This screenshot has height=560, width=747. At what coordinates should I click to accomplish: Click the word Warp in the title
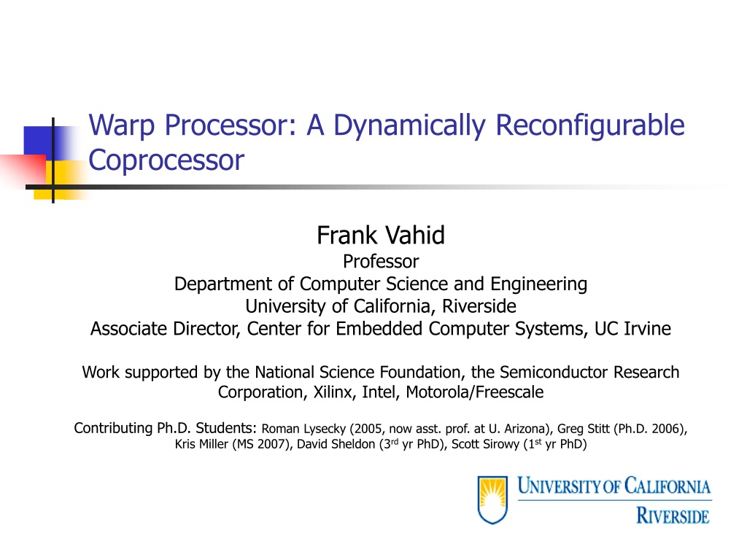pyautogui.click(x=122, y=125)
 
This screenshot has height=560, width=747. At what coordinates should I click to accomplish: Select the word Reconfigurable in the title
pyautogui.click(x=589, y=126)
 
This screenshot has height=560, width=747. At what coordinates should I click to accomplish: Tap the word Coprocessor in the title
pyautogui.click(x=166, y=160)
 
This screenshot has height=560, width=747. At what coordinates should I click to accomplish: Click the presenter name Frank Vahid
pyautogui.click(x=381, y=236)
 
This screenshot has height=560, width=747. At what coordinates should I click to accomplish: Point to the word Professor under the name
pyautogui.click(x=381, y=262)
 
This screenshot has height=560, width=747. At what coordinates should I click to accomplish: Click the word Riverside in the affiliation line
pyautogui.click(x=479, y=306)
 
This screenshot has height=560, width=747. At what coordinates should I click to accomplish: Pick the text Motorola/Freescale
pyautogui.click(x=474, y=392)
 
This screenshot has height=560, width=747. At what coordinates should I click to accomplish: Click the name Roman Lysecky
pyautogui.click(x=303, y=429)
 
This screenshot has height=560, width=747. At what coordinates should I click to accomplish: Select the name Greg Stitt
pyautogui.click(x=583, y=429)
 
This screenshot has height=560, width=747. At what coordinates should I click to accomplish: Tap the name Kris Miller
pyautogui.click(x=201, y=444)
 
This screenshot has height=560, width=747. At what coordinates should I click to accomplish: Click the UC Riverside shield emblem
pyautogui.click(x=492, y=499)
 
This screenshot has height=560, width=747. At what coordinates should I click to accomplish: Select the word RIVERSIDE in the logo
pyautogui.click(x=673, y=516)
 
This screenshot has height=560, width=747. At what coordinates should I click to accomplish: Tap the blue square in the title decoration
pyautogui.click(x=42, y=143)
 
